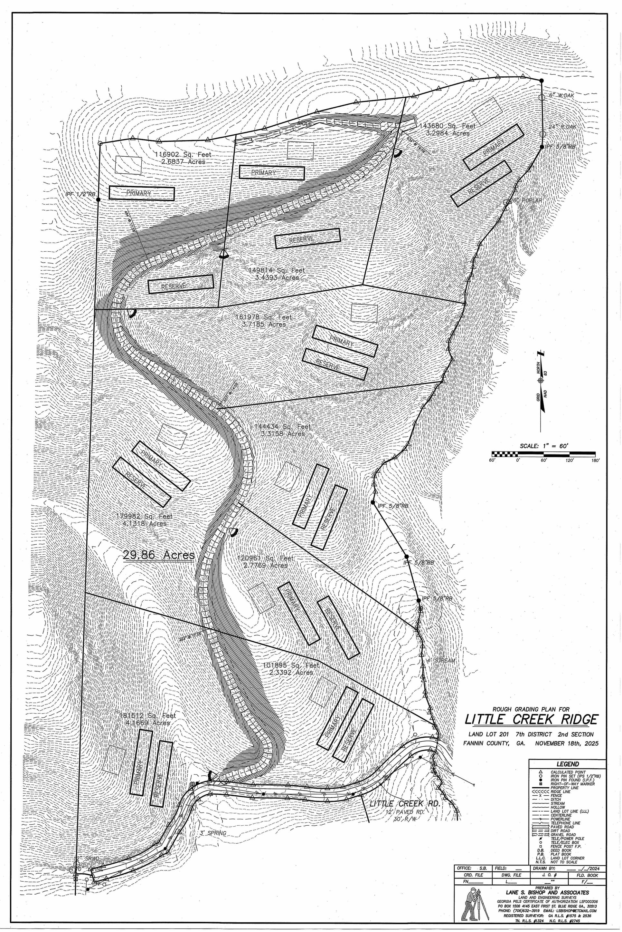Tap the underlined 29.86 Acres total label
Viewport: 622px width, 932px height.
pyautogui.click(x=159, y=554)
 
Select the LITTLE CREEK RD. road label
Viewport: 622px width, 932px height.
pyautogui.click(x=405, y=803)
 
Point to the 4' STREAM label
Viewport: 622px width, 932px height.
pyautogui.click(x=441, y=661)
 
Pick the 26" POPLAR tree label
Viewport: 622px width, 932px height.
pyautogui.click(x=526, y=200)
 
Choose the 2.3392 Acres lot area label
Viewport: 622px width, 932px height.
pyautogui.click(x=291, y=672)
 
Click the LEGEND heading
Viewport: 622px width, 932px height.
pyautogui.click(x=567, y=764)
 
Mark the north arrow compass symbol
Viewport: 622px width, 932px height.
pyautogui.click(x=540, y=380)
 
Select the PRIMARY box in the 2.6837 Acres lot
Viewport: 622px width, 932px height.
pyautogui.click(x=142, y=193)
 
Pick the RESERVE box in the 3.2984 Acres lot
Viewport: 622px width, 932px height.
pyautogui.click(x=481, y=183)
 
